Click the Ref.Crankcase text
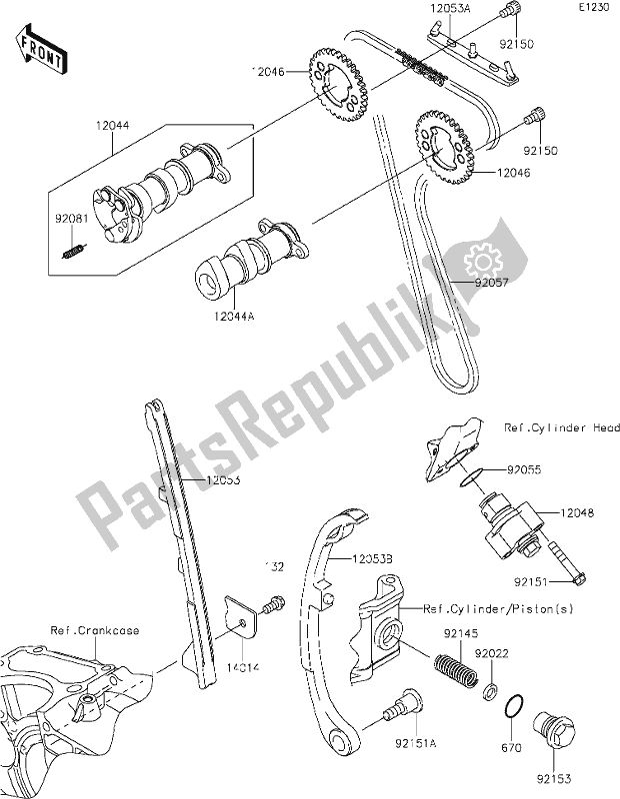(x=96, y=630)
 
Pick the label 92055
(x=522, y=465)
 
